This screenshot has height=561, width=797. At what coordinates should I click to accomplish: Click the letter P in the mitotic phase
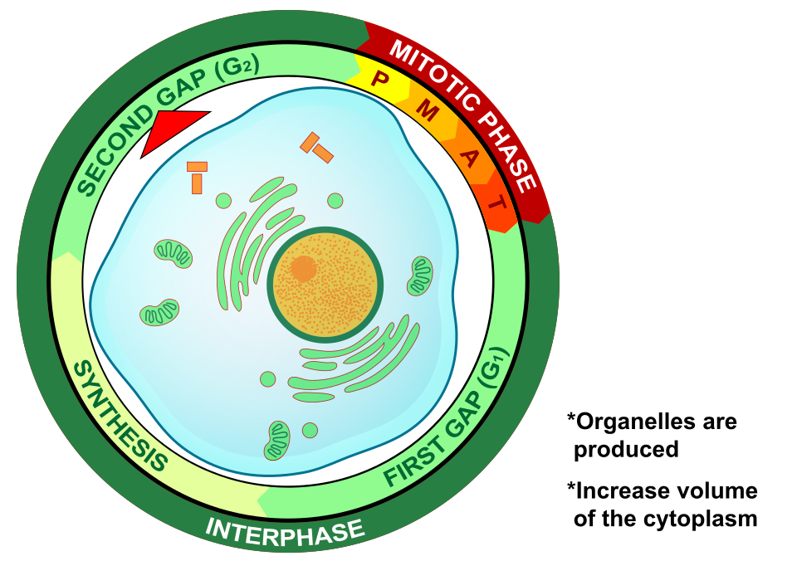tap(379, 80)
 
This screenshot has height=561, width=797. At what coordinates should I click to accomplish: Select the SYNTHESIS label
tap(115, 413)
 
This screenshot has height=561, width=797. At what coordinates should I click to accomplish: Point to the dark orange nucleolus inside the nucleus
tap(302, 268)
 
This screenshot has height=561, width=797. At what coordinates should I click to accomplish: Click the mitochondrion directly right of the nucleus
tap(420, 276)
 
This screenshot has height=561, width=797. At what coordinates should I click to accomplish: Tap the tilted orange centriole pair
tap(316, 148)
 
